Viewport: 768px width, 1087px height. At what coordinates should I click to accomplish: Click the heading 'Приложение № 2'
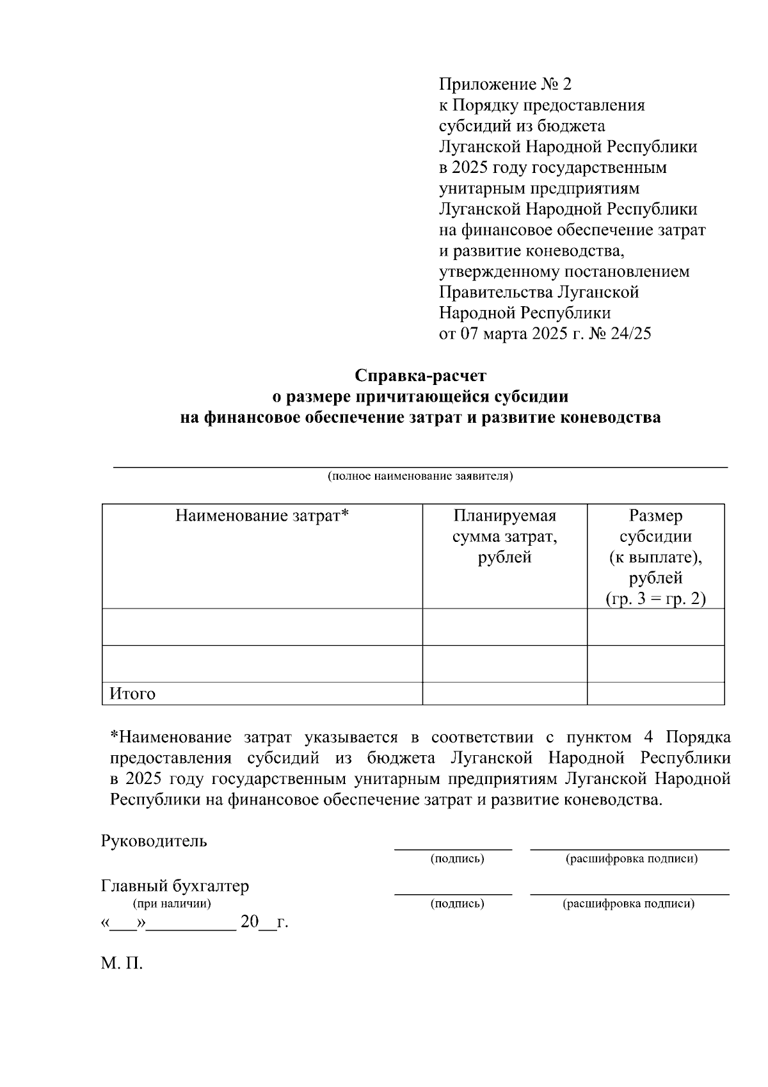tap(504, 85)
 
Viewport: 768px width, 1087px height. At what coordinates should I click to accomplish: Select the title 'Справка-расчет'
tap(420, 375)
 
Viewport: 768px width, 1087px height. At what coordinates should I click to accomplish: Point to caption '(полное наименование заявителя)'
tap(420, 477)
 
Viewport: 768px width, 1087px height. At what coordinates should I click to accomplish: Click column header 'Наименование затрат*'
tap(262, 516)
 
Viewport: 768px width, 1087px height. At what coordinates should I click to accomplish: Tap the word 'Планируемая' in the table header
tap(505, 516)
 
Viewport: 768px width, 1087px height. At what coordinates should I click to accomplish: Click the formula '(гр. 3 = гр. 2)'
tap(655, 600)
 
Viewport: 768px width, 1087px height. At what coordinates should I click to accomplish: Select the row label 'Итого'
tap(132, 694)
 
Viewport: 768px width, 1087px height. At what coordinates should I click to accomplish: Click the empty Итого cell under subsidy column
tap(655, 694)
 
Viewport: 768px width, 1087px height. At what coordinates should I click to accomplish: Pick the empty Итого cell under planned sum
tap(505, 694)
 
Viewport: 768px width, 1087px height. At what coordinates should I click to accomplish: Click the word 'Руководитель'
tap(154, 841)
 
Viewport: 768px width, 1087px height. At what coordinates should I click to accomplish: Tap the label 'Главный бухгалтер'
tap(175, 887)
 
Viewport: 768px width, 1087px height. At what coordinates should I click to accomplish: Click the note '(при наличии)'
tap(172, 904)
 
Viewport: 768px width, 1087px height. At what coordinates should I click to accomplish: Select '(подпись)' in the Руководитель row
tap(457, 858)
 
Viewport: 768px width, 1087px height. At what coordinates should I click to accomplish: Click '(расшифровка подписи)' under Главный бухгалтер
tap(628, 904)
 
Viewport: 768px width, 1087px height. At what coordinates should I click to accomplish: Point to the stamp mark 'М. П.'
tap(122, 963)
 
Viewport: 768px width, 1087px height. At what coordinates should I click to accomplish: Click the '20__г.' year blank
tap(264, 923)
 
